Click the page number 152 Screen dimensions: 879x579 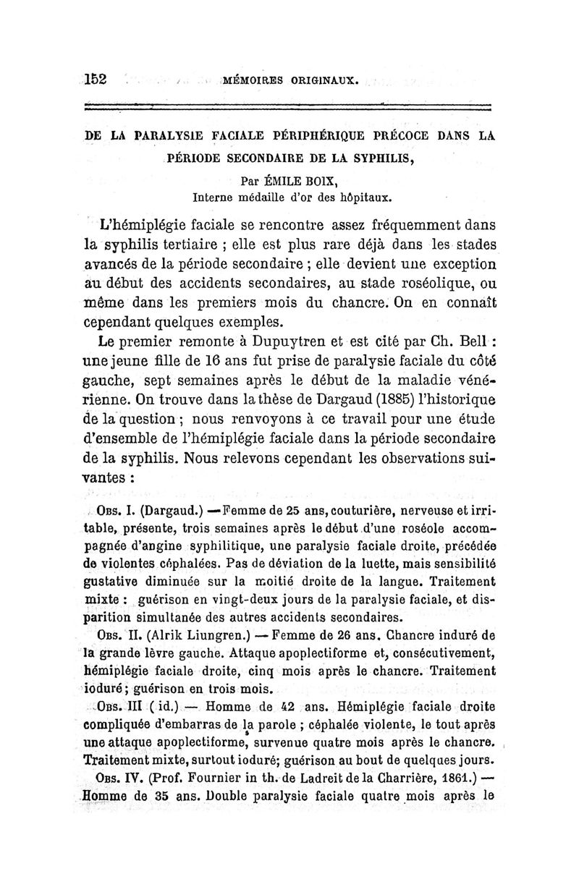tap(95, 79)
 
